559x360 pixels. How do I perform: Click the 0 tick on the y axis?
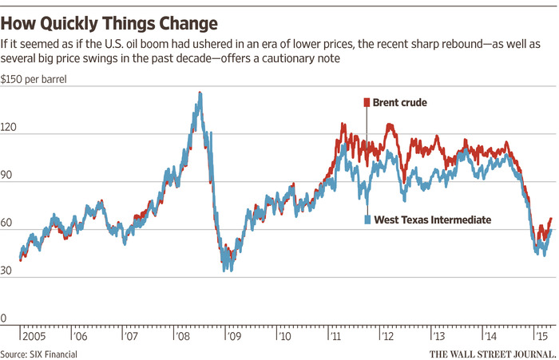pos(6,318)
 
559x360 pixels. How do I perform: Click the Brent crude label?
pos(400,102)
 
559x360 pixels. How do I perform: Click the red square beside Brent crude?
pos(367,102)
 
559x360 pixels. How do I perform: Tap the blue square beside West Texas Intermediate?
pos(367,220)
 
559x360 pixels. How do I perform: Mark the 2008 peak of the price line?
pos(199,93)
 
